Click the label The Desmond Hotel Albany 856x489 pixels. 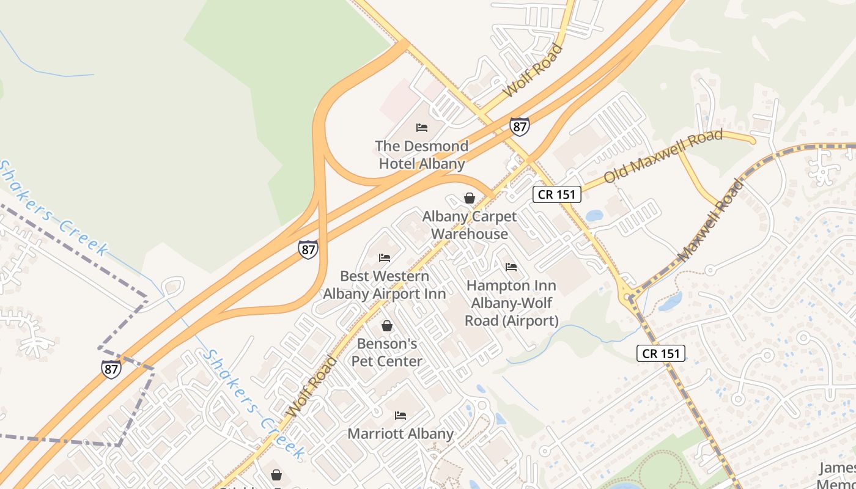(x=422, y=155)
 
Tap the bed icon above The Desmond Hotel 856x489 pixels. (x=422, y=128)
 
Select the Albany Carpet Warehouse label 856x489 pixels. (x=470, y=225)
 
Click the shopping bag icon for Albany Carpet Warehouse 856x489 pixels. (x=470, y=198)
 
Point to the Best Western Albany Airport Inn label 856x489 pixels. (x=385, y=285)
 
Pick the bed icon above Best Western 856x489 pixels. (x=385, y=258)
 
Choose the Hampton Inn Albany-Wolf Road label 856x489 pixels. (x=511, y=303)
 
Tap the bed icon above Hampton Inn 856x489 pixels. (x=511, y=267)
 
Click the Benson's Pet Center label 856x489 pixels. (x=386, y=353)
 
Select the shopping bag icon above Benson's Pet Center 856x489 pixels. (x=386, y=326)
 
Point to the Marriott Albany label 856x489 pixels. (x=400, y=434)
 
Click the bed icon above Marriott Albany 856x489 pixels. (x=400, y=416)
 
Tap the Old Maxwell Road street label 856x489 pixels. (x=663, y=156)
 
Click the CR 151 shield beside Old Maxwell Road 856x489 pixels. (x=556, y=194)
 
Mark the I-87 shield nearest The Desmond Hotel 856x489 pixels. (x=520, y=127)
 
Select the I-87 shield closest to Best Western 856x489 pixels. (x=308, y=249)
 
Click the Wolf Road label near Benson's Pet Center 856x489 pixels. (x=311, y=386)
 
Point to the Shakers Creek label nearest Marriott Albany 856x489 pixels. (x=254, y=405)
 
